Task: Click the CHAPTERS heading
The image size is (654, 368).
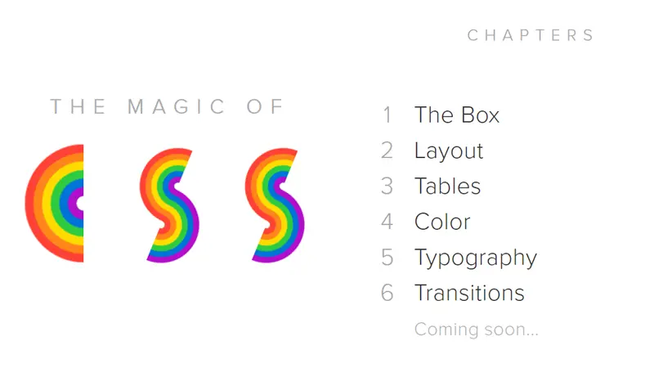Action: pos(531,35)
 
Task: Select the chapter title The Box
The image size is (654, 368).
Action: pos(456,115)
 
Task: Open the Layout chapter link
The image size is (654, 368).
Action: pos(449,151)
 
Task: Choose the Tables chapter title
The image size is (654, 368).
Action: pos(447,186)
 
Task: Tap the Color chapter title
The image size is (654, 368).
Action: pos(442,222)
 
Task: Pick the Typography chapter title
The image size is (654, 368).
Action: pos(475,258)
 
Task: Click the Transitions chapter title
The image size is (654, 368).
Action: pos(469,293)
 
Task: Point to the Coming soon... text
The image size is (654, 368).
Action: pos(476,330)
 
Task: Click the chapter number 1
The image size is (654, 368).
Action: pos(387,115)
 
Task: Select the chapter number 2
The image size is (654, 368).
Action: pos(387,151)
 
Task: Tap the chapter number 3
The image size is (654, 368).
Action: pos(387,186)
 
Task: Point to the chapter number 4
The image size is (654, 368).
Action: pos(387,222)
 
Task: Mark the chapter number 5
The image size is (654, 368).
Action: pos(387,258)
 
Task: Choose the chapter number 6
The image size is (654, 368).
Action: pos(387,293)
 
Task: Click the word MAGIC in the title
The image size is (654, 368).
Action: pos(177,107)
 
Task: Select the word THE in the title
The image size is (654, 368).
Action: pos(78,107)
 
